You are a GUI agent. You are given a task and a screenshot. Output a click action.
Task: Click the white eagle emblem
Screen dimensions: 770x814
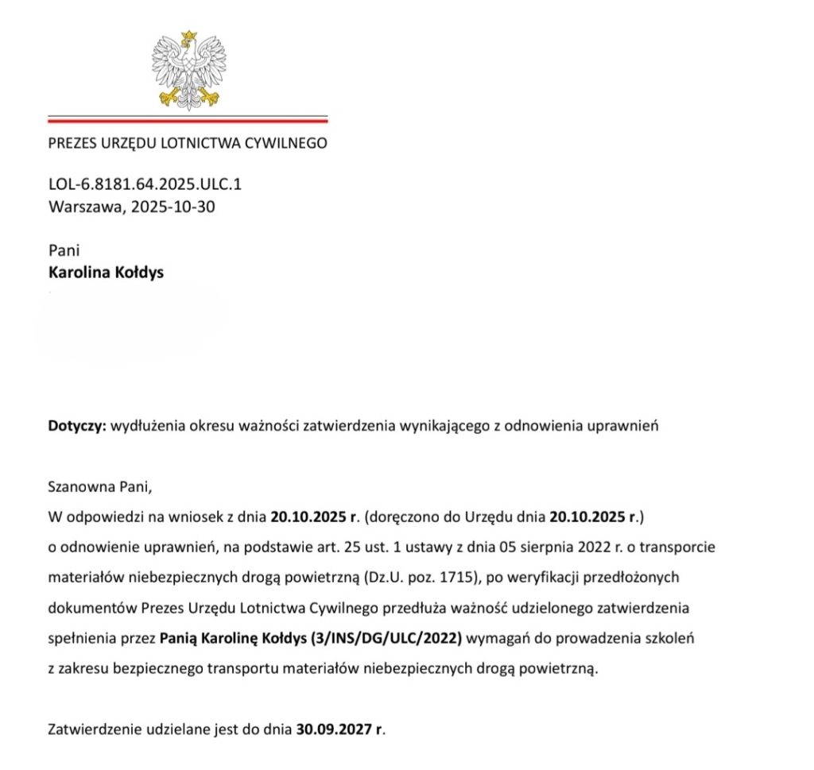[x=188, y=68]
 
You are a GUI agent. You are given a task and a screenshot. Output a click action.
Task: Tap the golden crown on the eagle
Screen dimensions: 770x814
[x=189, y=36]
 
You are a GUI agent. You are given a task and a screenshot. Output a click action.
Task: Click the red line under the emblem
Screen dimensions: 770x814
[x=188, y=121]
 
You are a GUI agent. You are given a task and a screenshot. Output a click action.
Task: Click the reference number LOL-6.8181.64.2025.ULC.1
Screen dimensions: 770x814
[x=145, y=184]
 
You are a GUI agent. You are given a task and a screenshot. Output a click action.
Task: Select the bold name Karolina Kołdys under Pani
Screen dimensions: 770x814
[x=107, y=273]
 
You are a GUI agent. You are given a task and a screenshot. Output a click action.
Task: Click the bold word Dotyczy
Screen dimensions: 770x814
[x=76, y=426]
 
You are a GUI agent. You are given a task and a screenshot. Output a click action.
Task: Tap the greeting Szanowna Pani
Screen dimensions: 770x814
[x=99, y=485]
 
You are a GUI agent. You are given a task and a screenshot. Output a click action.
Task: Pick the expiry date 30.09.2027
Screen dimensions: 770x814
[x=335, y=729]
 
